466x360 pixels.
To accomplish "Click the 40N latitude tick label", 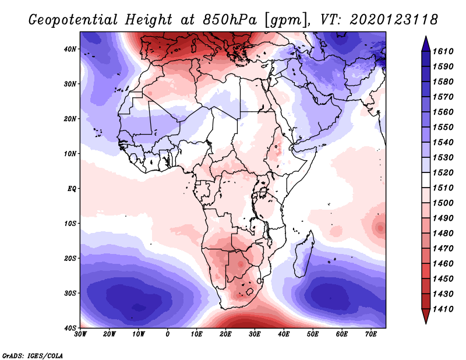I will pos(70,49).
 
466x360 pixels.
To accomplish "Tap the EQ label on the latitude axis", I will pos(71,189).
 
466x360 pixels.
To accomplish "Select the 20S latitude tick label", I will pos(70,258).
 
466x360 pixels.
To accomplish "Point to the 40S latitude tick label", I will pos(70,327).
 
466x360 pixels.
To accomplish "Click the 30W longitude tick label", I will pos(80,334).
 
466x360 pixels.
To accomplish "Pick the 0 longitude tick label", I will pos(168,334).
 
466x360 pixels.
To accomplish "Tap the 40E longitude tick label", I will pos(284,334).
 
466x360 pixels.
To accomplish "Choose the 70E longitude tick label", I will pos(371,334).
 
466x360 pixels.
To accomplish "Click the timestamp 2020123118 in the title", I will pos(394,20).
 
